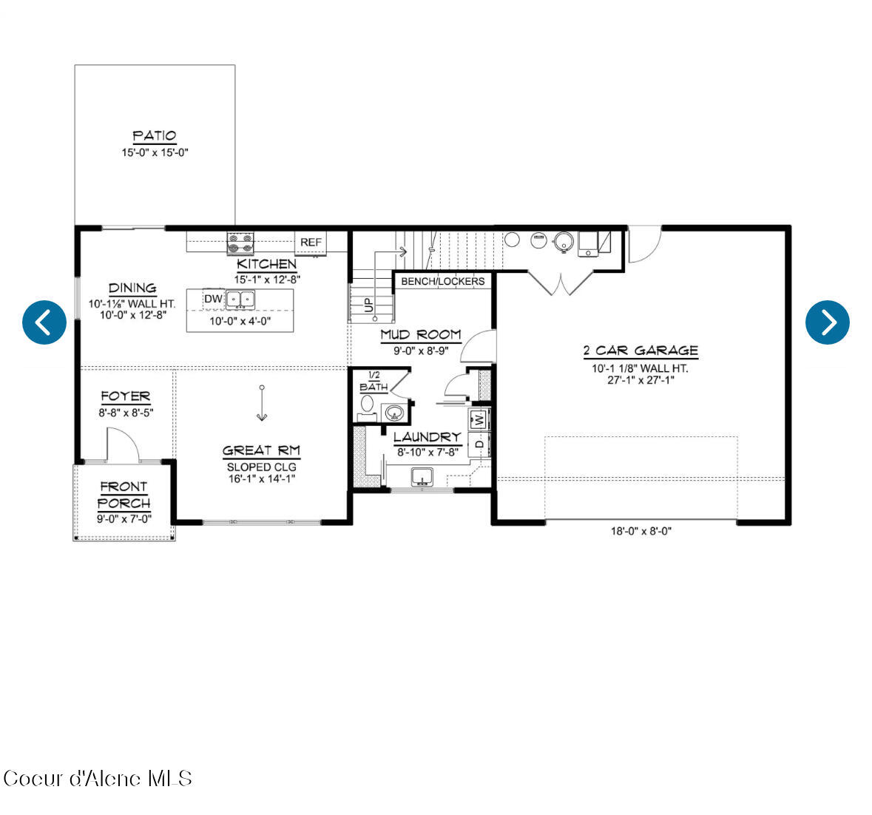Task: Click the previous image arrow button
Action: coord(44,322)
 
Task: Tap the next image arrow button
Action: coord(827,322)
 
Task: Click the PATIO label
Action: coord(154,136)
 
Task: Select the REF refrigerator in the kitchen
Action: coord(311,243)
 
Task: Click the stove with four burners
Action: coord(240,243)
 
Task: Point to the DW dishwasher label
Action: coord(213,299)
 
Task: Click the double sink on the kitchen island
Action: coord(240,300)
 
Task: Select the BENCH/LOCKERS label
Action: coord(443,281)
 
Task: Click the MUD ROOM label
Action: coord(421,335)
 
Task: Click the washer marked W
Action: coord(479,419)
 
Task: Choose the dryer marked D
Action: coord(479,444)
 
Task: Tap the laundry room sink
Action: coord(422,477)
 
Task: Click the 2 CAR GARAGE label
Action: coord(641,351)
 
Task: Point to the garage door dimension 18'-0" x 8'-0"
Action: coord(641,532)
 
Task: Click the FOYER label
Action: coord(126,397)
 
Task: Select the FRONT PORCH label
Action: coord(124,496)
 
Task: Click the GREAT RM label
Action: coord(261,451)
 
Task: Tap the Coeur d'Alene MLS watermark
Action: coord(98,778)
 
